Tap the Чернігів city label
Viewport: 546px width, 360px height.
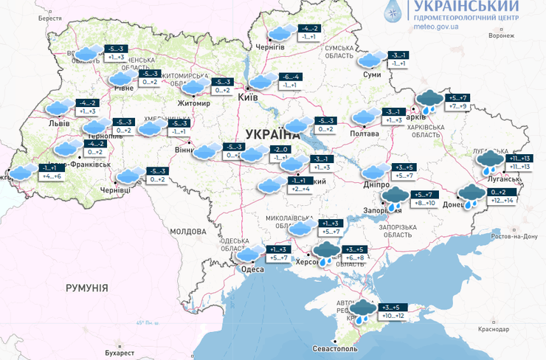coord(269,46)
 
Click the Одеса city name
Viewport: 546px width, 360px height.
coord(249,269)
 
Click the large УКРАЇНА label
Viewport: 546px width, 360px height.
coord(272,135)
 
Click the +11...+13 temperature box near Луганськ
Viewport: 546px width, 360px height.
coord(515,167)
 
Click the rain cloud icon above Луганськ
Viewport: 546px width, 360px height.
coord(488,162)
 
